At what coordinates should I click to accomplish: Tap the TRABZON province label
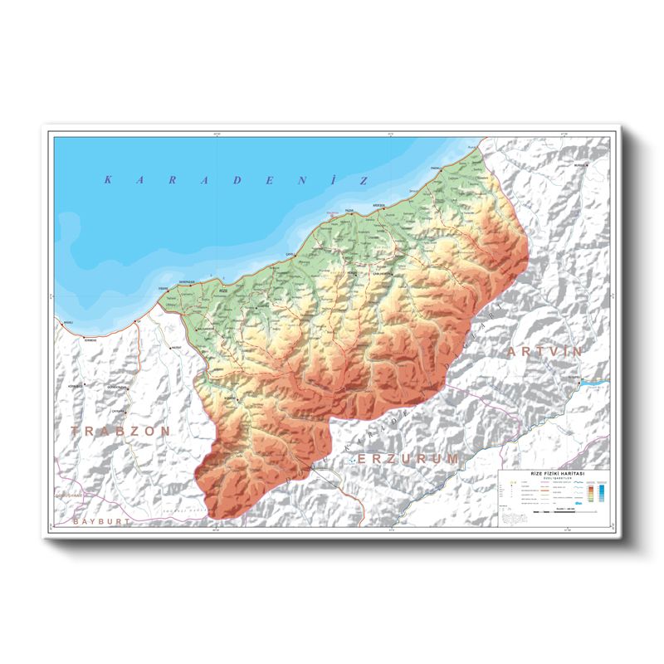(120, 432)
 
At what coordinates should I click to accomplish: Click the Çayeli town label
(290, 254)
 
